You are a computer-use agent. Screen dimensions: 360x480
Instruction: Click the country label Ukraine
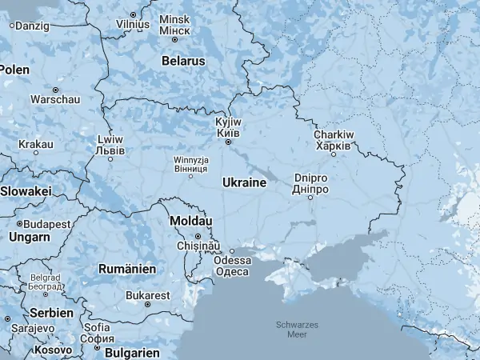(244, 182)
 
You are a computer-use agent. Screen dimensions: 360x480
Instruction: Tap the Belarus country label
(183, 61)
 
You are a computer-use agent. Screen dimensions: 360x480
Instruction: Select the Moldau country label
(190, 220)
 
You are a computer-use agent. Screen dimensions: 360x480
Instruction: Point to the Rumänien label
(127, 269)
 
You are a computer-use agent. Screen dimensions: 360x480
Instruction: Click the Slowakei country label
(25, 191)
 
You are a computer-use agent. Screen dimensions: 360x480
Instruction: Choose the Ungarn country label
(29, 237)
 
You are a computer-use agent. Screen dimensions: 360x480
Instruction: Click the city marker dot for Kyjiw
(228, 142)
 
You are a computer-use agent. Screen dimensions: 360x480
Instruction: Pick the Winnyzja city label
(192, 165)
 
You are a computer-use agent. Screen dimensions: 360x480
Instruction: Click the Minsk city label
(174, 24)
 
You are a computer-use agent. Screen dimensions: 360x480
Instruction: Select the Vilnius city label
(133, 24)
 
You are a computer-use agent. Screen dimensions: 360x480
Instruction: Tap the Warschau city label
(55, 99)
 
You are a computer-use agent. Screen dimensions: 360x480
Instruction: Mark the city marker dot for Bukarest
(148, 305)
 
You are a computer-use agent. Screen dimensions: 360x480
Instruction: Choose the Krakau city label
(37, 144)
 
